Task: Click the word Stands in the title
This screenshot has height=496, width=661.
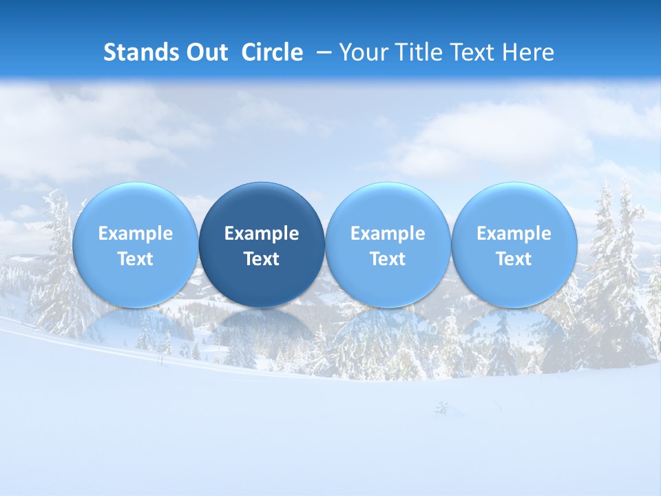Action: pyautogui.click(x=136, y=52)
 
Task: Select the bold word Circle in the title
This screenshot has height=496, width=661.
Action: pyautogui.click(x=272, y=52)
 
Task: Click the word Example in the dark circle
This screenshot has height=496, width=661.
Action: pyautogui.click(x=262, y=234)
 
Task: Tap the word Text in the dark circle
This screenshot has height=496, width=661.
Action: pyautogui.click(x=262, y=259)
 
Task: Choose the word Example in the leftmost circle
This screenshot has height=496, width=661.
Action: pyautogui.click(x=136, y=234)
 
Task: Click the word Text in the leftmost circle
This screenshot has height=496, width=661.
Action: pyautogui.click(x=136, y=259)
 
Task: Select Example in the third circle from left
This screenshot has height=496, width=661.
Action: pyautogui.click(x=388, y=234)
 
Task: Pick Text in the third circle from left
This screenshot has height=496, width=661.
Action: pyautogui.click(x=388, y=259)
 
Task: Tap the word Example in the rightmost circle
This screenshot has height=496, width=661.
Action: pyautogui.click(x=514, y=234)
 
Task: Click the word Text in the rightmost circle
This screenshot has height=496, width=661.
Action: pyautogui.click(x=514, y=259)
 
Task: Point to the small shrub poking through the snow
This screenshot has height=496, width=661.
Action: pyautogui.click(x=441, y=409)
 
